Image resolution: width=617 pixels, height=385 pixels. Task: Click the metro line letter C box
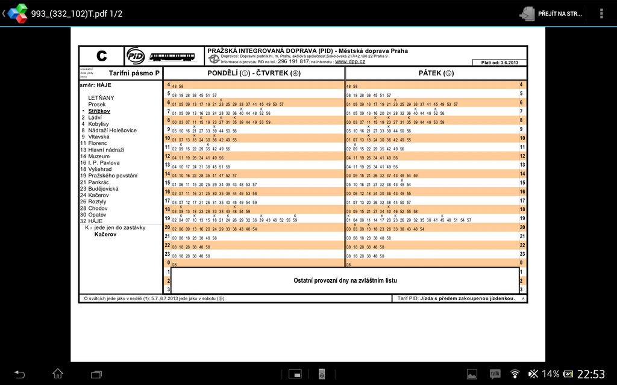(x=101, y=56)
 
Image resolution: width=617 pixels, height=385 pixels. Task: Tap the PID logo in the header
(x=135, y=56)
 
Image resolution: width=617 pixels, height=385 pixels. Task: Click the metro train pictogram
(x=172, y=57)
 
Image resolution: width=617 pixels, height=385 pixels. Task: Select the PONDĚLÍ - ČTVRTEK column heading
(x=254, y=73)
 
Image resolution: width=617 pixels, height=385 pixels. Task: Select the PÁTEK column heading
(x=436, y=73)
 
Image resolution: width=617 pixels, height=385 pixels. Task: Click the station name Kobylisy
(x=98, y=124)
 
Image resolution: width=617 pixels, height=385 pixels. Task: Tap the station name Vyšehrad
(x=100, y=169)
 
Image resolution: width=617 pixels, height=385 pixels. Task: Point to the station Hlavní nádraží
(x=107, y=150)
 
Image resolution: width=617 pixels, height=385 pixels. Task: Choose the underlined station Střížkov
(x=99, y=111)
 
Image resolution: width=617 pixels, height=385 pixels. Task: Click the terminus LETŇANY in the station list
(x=101, y=97)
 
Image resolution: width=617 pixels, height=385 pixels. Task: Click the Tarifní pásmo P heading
(x=134, y=73)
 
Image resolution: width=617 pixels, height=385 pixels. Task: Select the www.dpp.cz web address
(x=350, y=61)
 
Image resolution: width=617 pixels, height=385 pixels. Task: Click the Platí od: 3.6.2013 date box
(x=499, y=63)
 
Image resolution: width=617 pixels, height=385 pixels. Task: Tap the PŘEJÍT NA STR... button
(x=552, y=13)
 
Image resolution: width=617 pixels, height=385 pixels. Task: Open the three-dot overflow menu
(x=601, y=13)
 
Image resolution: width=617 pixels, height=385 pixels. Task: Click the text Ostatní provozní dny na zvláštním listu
(x=345, y=280)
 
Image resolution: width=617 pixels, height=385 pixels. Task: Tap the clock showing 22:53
(x=590, y=374)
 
